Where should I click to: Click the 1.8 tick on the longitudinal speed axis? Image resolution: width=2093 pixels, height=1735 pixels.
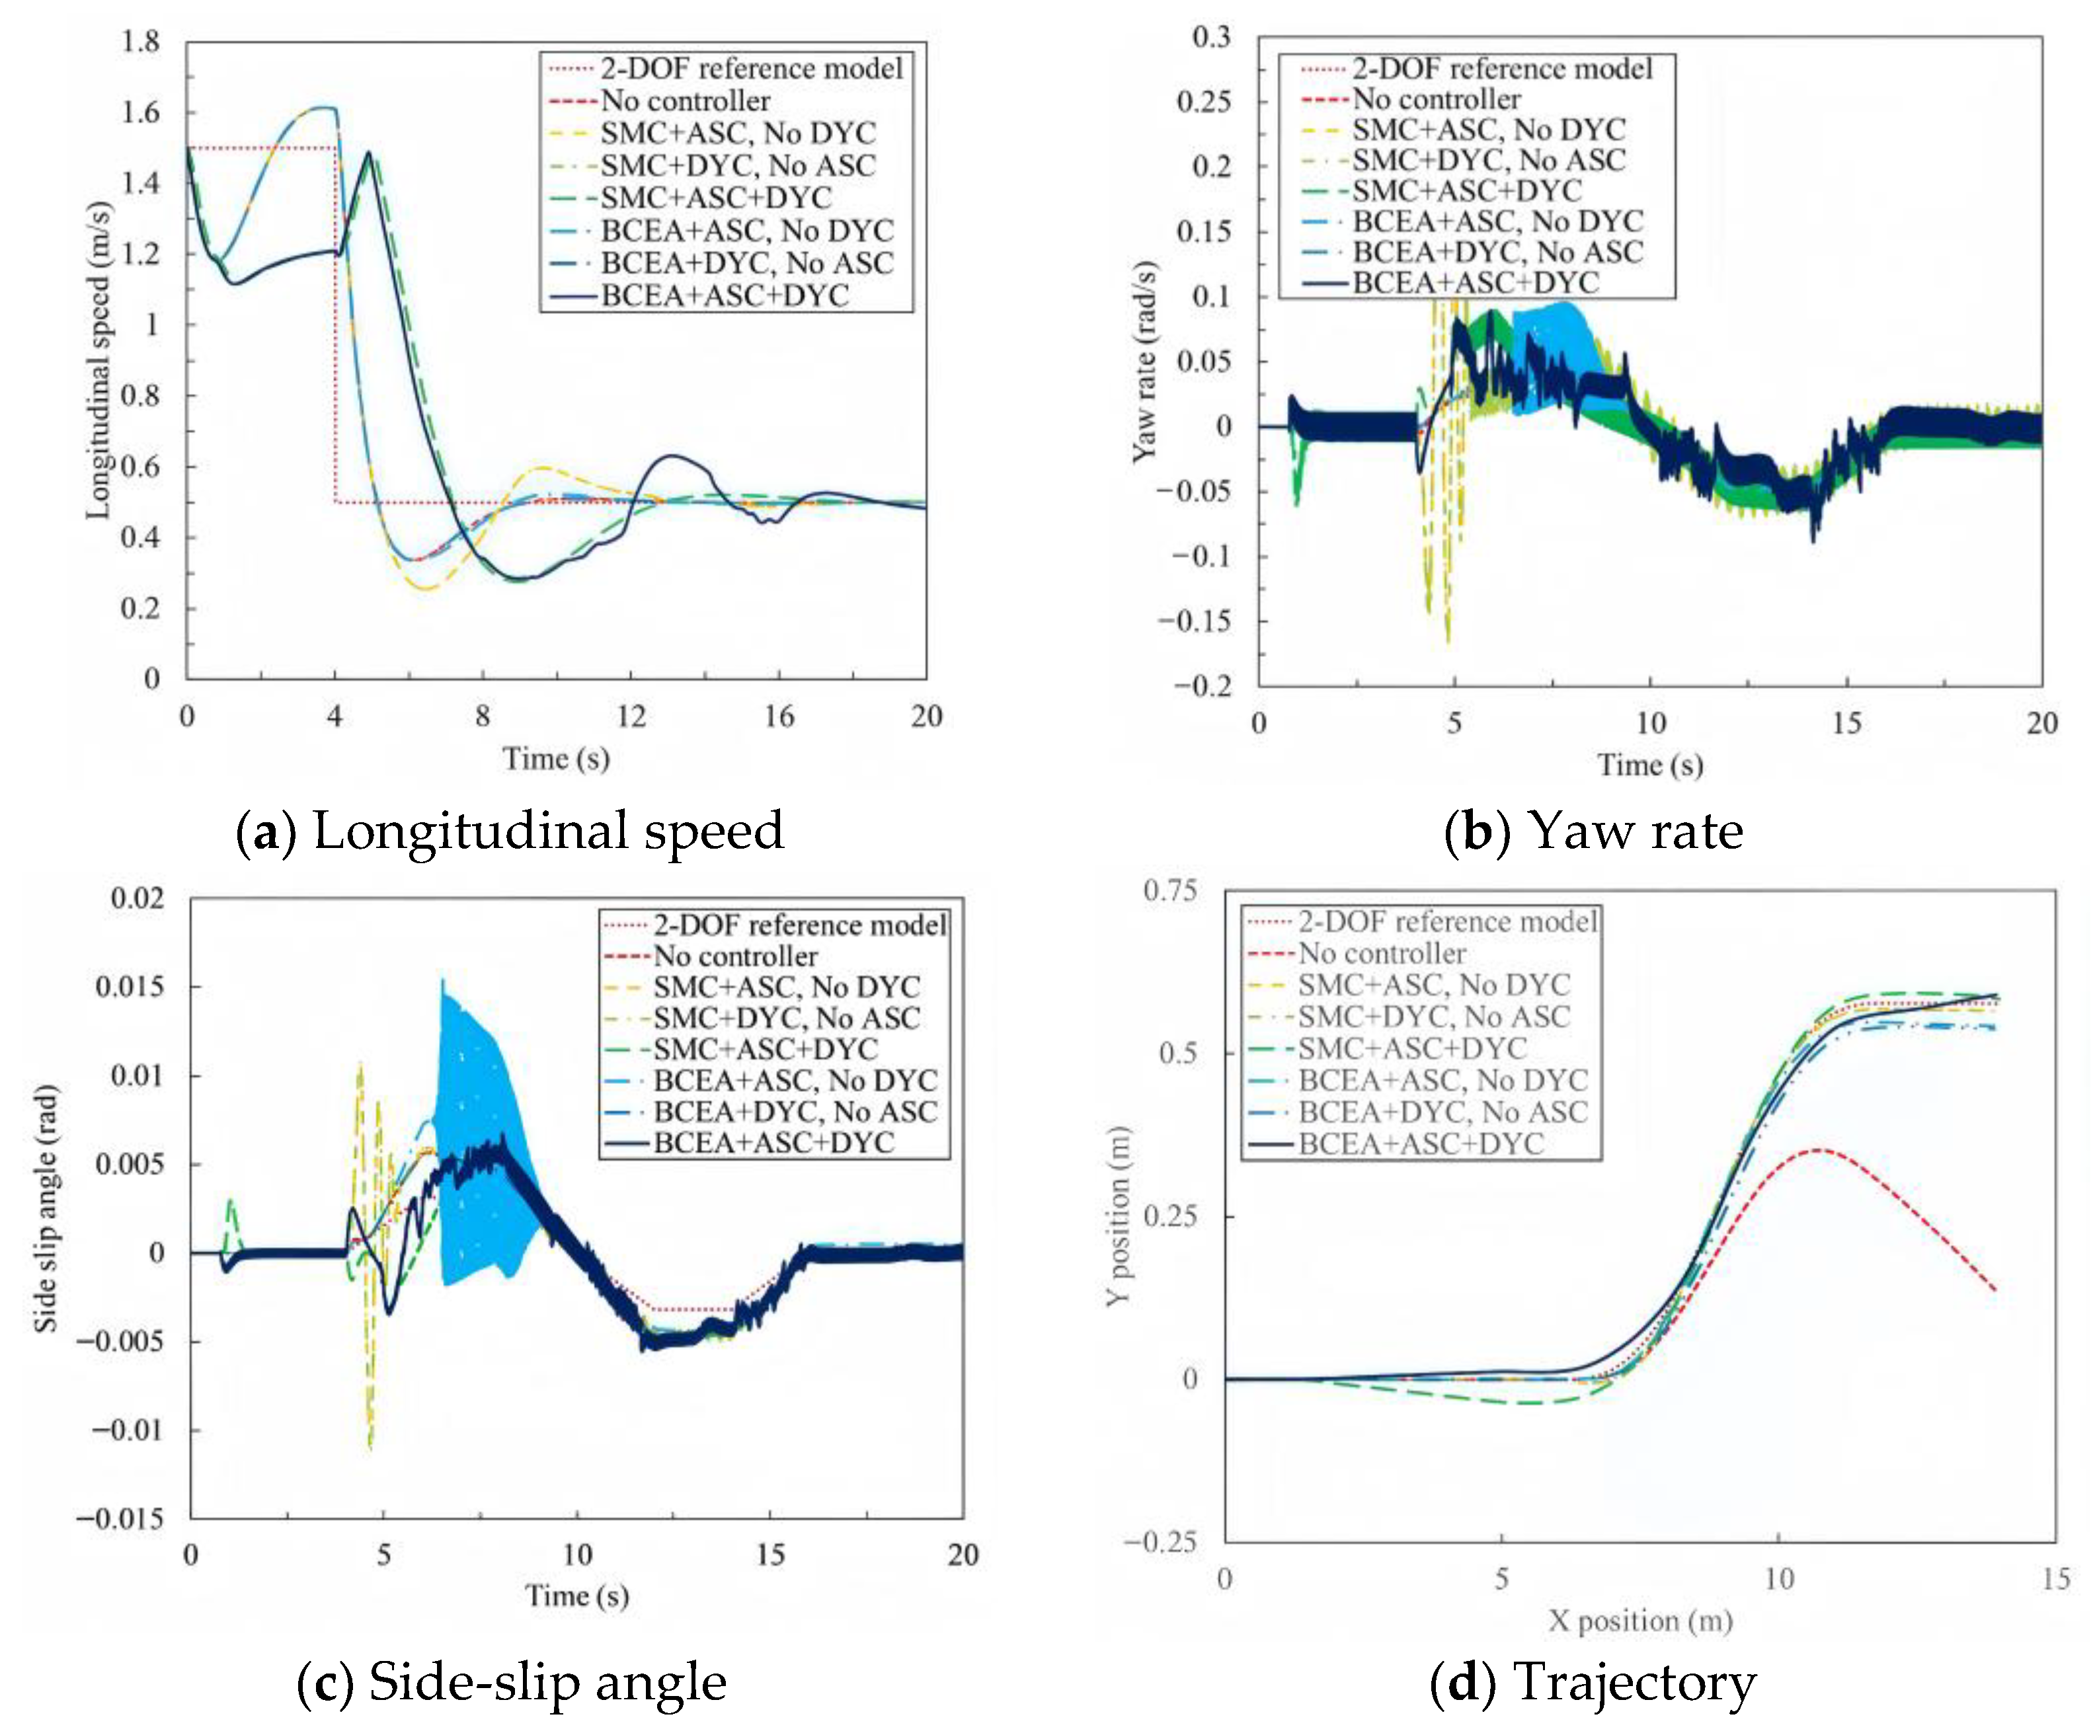(141, 42)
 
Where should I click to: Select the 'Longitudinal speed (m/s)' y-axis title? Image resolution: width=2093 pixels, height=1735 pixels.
(98, 360)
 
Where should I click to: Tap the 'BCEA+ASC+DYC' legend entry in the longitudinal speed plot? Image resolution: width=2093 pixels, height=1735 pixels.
(725, 296)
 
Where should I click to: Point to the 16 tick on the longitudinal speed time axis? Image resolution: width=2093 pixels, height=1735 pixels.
(779, 716)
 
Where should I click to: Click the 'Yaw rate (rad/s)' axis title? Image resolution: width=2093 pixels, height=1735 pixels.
(1146, 362)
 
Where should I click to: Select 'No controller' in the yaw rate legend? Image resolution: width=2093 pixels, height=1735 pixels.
(1436, 100)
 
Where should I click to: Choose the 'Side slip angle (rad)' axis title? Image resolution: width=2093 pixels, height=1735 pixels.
(46, 1209)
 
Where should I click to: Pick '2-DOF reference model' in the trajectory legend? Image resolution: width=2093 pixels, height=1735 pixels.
(1447, 922)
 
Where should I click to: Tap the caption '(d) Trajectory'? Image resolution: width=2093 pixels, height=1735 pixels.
(1593, 1682)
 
